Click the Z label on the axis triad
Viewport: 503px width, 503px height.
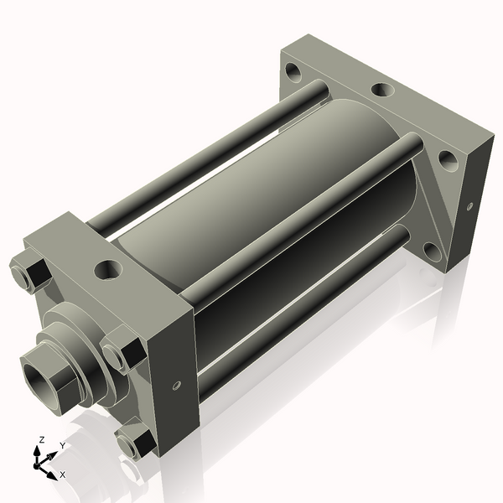(42, 439)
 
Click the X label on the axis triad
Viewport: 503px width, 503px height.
(63, 474)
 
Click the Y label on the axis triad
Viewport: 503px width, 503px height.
(62, 445)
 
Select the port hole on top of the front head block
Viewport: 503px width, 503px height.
(108, 269)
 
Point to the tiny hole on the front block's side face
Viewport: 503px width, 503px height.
(177, 386)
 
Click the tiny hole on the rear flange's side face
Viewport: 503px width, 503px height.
(469, 205)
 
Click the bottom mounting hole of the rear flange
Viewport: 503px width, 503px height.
(430, 249)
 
